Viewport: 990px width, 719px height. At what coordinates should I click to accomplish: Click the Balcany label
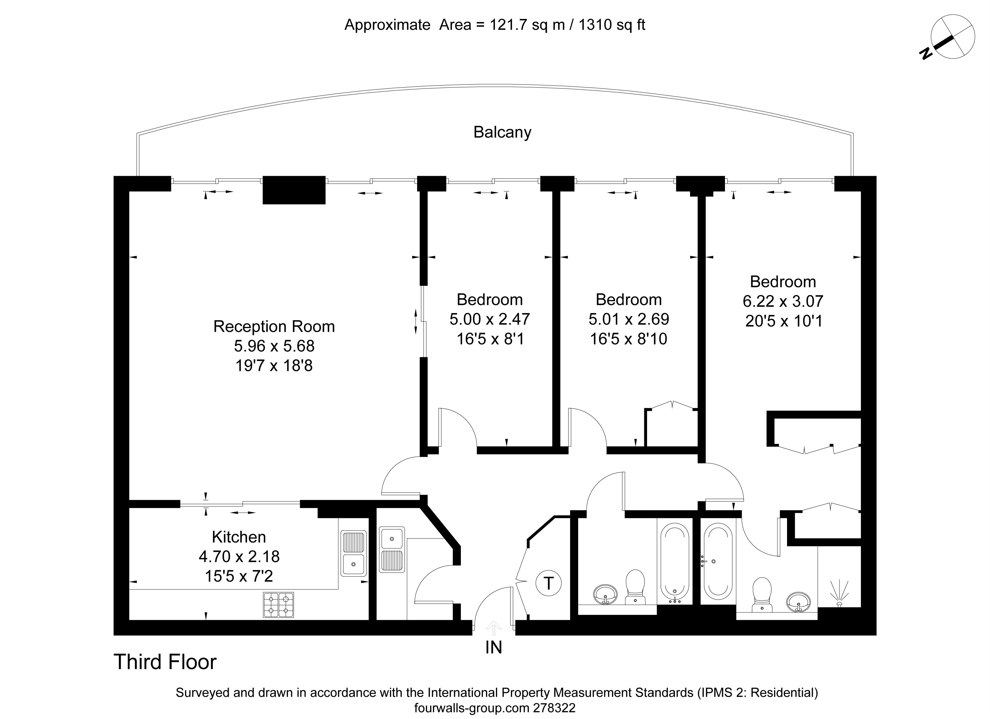click(502, 132)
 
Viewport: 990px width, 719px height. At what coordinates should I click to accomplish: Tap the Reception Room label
click(274, 326)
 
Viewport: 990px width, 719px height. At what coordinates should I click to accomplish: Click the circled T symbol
click(549, 583)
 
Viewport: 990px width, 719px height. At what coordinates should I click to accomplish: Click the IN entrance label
click(494, 647)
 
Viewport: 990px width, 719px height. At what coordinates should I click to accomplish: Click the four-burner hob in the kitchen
click(278, 605)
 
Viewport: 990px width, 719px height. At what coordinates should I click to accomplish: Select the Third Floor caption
click(165, 662)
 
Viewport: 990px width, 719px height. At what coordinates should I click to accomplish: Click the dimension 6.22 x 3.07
click(783, 301)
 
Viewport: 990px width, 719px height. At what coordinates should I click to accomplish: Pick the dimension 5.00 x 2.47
click(490, 319)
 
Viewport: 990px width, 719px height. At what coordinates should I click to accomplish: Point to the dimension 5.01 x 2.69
click(628, 319)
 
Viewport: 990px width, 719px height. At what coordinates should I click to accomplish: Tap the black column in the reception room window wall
click(294, 190)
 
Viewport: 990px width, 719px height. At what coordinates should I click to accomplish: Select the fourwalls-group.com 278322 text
click(495, 708)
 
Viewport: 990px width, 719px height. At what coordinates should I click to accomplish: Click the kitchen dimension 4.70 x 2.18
click(239, 556)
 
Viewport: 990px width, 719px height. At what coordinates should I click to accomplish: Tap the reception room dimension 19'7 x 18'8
click(274, 365)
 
